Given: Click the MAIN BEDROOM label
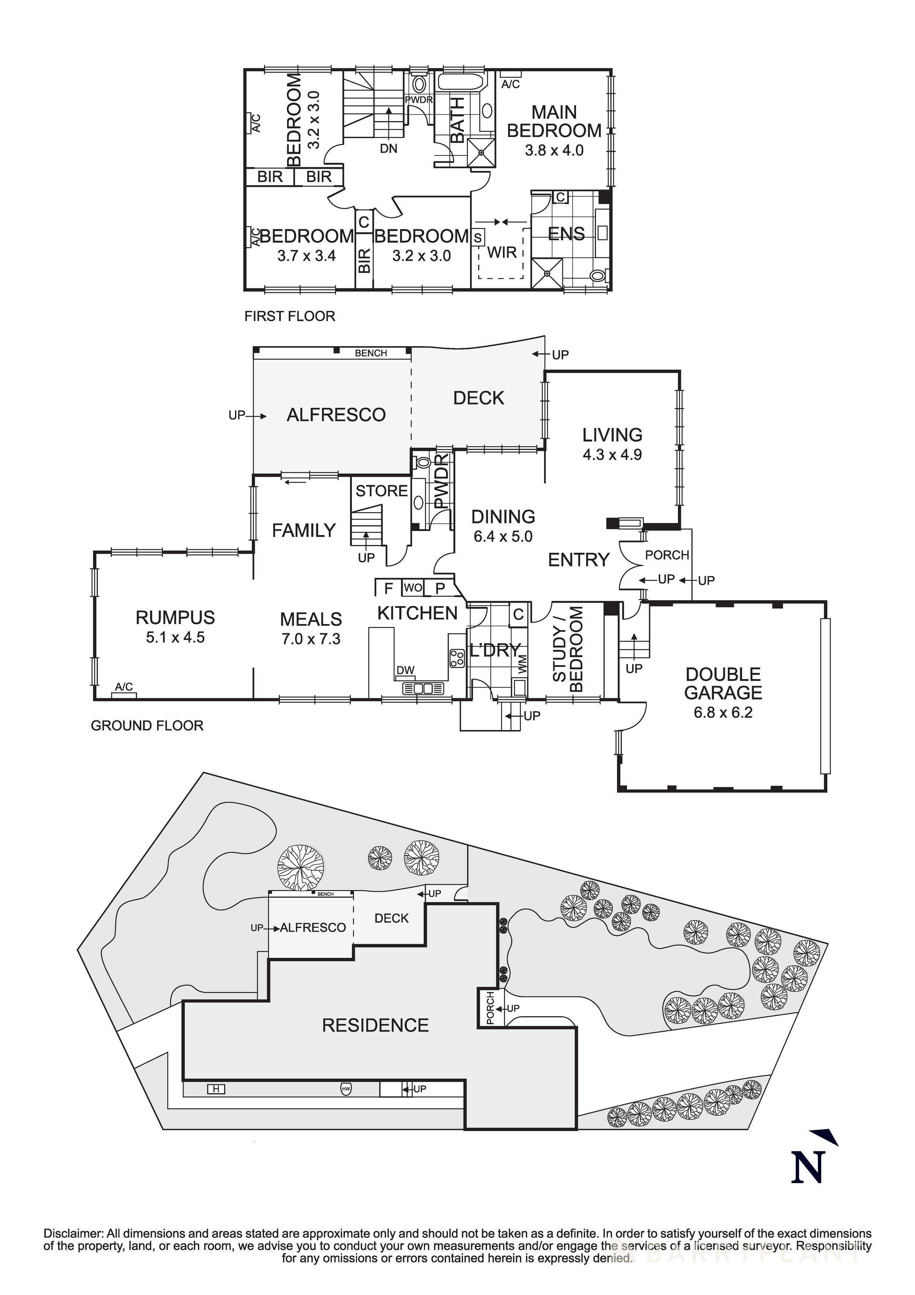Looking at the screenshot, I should click(x=554, y=121).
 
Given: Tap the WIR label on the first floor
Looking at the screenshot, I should click(x=501, y=252).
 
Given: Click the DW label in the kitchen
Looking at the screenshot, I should click(x=405, y=670).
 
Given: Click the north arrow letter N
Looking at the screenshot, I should click(x=808, y=1167).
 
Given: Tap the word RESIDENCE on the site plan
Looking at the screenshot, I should click(x=375, y=1025).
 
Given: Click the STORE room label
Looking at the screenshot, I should click(x=381, y=491).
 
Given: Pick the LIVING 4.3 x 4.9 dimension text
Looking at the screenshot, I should click(x=612, y=455).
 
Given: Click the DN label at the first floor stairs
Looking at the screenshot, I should click(x=389, y=148).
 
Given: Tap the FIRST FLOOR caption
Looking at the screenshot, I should click(x=289, y=316).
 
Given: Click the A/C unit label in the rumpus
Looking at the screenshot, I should click(x=124, y=686).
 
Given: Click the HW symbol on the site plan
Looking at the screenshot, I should click(x=346, y=1089).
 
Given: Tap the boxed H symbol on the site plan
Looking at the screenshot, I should click(x=216, y=1089).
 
